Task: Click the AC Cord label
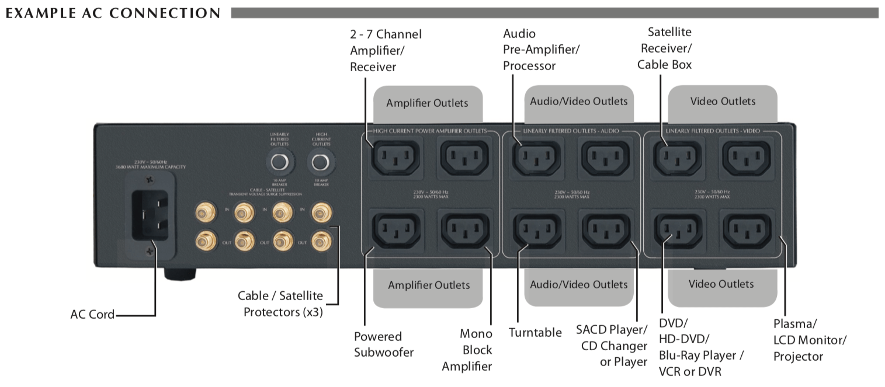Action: (92, 315)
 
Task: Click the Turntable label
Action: (535, 333)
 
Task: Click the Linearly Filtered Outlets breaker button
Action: (279, 162)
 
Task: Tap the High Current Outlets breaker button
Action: (319, 162)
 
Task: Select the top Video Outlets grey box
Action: (723, 102)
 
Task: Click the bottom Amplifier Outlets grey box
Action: (429, 285)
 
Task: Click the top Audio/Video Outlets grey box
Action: (578, 102)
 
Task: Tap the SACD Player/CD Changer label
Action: (612, 345)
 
